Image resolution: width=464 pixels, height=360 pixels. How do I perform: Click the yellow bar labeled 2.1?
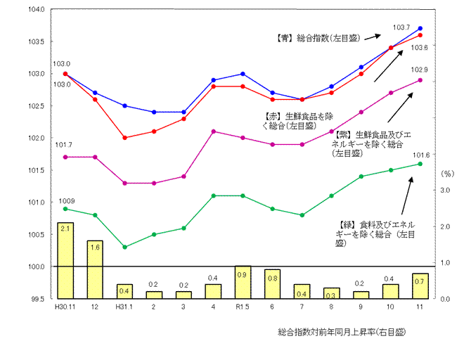pyautogui.click(x=65, y=260)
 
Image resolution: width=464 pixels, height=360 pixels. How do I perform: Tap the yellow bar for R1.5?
pyautogui.click(x=243, y=282)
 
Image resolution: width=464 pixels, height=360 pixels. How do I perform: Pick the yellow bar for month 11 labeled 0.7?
pyautogui.click(x=420, y=285)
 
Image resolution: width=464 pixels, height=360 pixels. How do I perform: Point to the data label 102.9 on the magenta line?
pyautogui.click(x=419, y=70)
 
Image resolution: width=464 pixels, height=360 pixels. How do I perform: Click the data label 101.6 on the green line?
pyautogui.click(x=421, y=155)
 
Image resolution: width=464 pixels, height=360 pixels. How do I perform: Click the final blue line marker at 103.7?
pyautogui.click(x=420, y=28)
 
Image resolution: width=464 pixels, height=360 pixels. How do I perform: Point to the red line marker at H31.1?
pyautogui.click(x=124, y=138)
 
